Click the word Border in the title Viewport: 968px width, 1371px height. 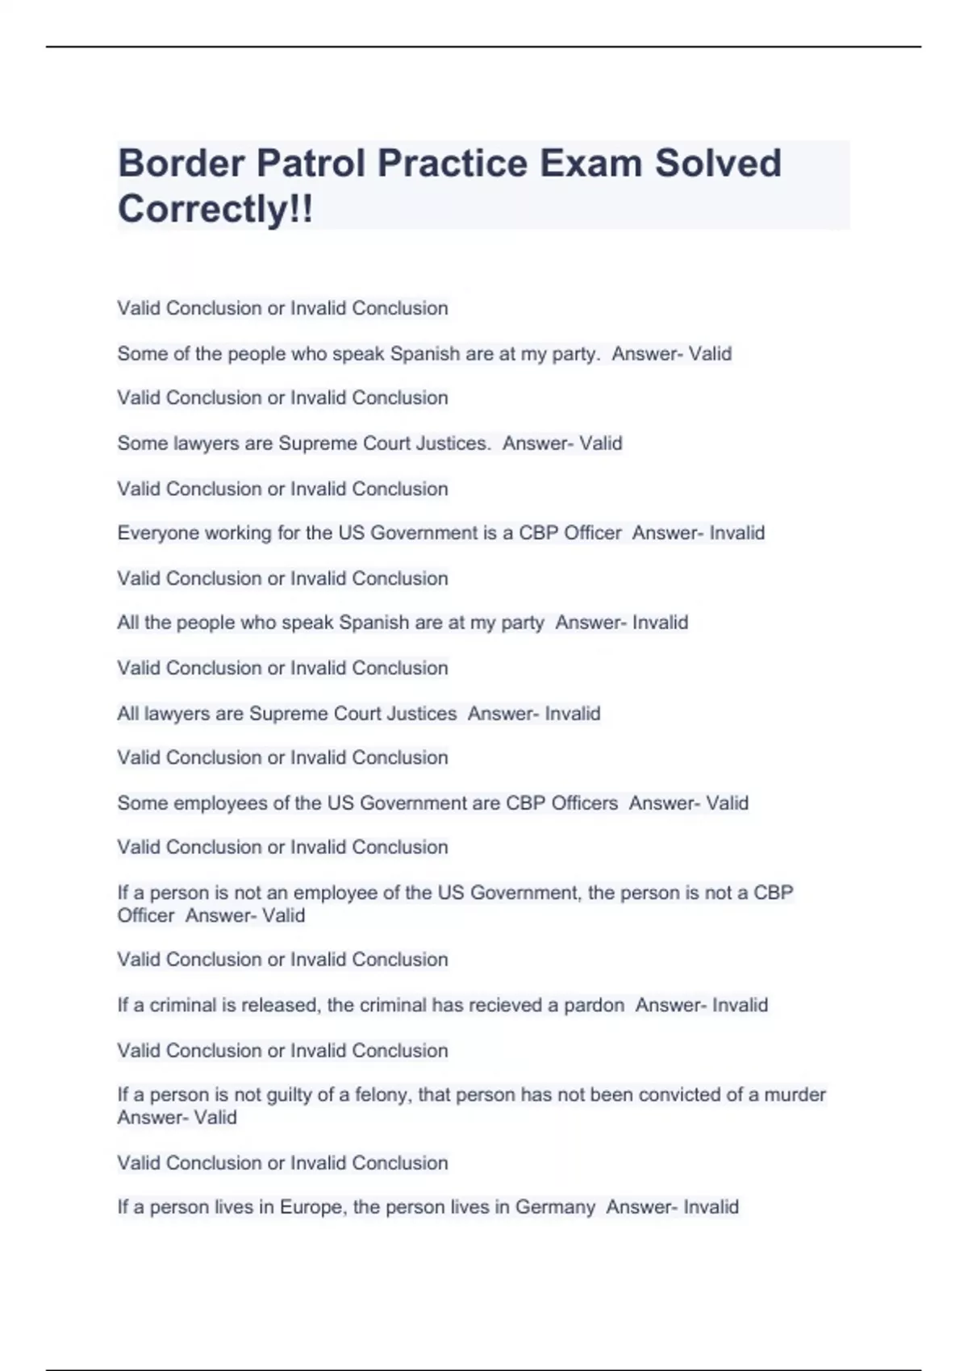pos(181,164)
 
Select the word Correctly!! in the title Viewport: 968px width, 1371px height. pos(215,210)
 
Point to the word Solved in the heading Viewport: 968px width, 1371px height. pos(718,164)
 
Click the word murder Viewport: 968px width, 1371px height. pos(795,1095)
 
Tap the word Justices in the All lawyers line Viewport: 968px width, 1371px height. pos(422,714)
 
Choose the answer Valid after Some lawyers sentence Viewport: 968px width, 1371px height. pos(601,444)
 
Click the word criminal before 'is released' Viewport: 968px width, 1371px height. pos(182,1006)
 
